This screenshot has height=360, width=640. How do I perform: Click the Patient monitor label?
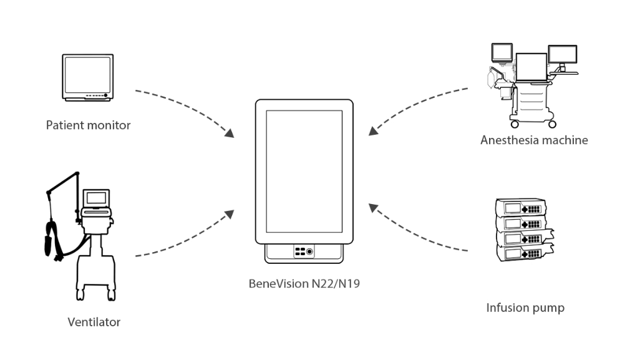[x=88, y=125]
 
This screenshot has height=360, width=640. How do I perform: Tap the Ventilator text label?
[x=94, y=322]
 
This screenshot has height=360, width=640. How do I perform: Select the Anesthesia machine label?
[x=534, y=140]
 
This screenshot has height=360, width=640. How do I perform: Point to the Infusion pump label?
[x=525, y=308]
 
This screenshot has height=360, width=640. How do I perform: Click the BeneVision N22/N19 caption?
[x=303, y=284]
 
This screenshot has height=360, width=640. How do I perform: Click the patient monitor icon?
[x=88, y=77]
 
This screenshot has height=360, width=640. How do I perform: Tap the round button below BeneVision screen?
[x=310, y=251]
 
